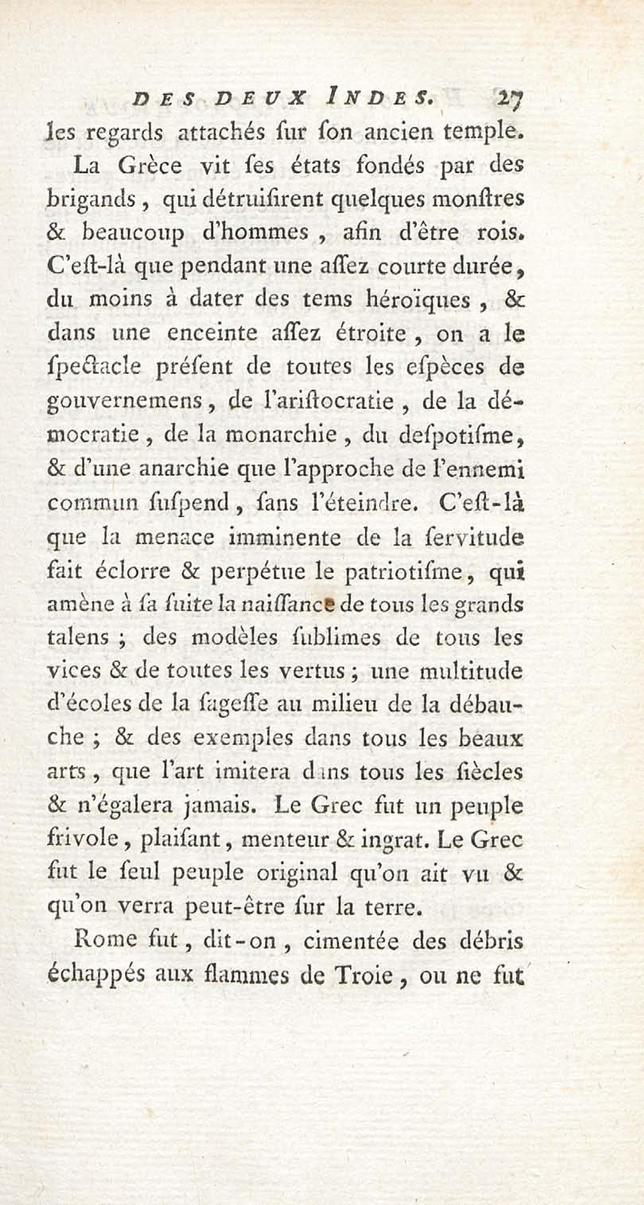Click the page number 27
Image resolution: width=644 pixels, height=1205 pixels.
pos(511,99)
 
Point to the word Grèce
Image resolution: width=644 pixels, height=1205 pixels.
pos(150,166)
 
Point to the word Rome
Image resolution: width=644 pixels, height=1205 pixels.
pos(99,940)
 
